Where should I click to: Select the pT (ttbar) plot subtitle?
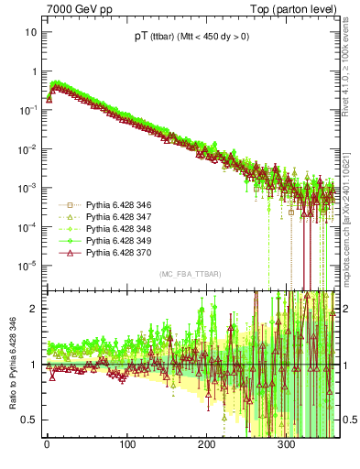tap(190, 37)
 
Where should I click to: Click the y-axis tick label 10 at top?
tap(30, 32)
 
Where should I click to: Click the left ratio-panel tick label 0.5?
tap(29, 420)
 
